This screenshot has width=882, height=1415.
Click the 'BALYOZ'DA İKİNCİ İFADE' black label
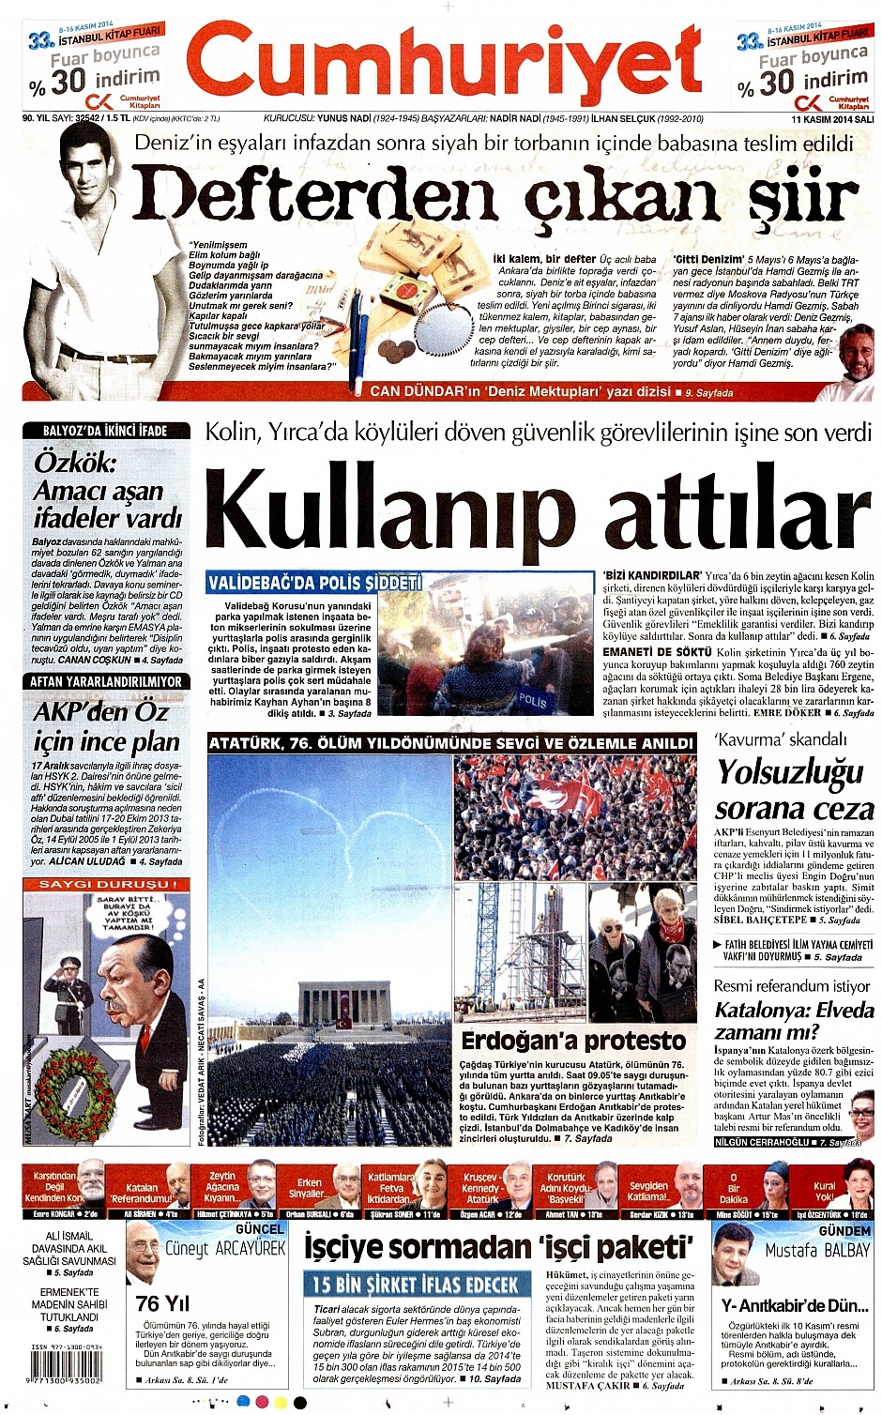[x=105, y=431]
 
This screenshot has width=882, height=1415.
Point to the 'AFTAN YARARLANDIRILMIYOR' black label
[x=105, y=681]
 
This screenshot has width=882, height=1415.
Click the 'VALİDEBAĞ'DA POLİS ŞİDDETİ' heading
[x=315, y=583]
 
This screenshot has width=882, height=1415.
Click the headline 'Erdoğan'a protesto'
[x=572, y=1041]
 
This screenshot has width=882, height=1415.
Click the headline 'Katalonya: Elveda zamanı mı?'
[x=793, y=1021]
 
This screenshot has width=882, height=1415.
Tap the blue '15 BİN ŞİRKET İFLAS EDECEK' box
[x=415, y=1285]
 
